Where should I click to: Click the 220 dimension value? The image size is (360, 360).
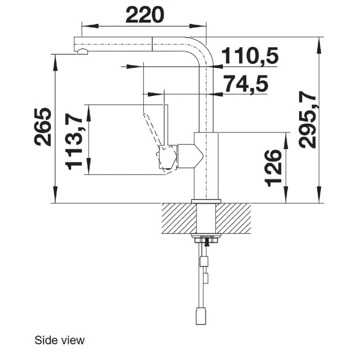point(145,15)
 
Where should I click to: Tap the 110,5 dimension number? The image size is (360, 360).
point(251,55)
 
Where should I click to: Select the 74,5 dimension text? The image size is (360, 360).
point(246,84)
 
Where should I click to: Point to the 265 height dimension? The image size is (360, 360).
point(43,127)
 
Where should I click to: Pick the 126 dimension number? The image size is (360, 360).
point(273,168)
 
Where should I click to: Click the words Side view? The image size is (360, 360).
point(59,340)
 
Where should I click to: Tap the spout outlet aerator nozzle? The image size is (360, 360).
point(82,52)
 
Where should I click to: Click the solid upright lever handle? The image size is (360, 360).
point(166,125)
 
